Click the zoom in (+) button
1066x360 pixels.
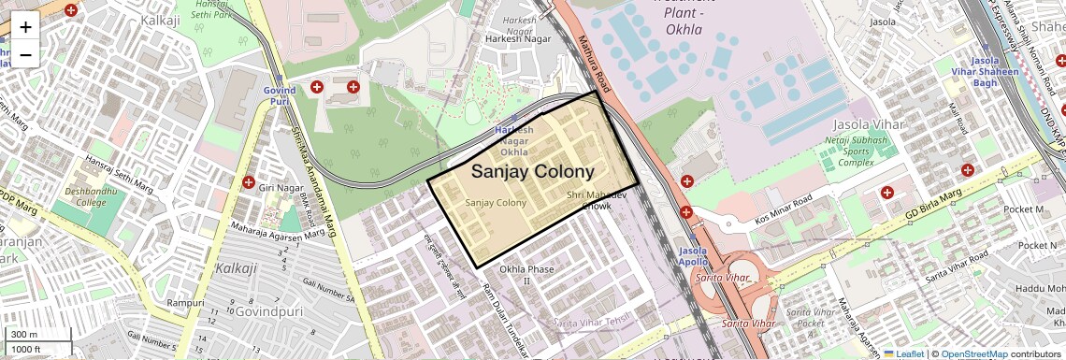click(25, 26)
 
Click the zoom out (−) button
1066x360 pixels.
click(25, 55)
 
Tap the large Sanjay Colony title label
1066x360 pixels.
click(532, 172)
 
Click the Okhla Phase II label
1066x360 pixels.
click(526, 275)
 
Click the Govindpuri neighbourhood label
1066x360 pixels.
click(269, 310)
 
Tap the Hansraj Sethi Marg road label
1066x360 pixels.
click(107, 175)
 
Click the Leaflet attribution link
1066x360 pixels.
click(903, 353)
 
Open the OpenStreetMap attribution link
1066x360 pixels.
click(973, 353)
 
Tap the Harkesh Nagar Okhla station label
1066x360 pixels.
click(513, 140)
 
